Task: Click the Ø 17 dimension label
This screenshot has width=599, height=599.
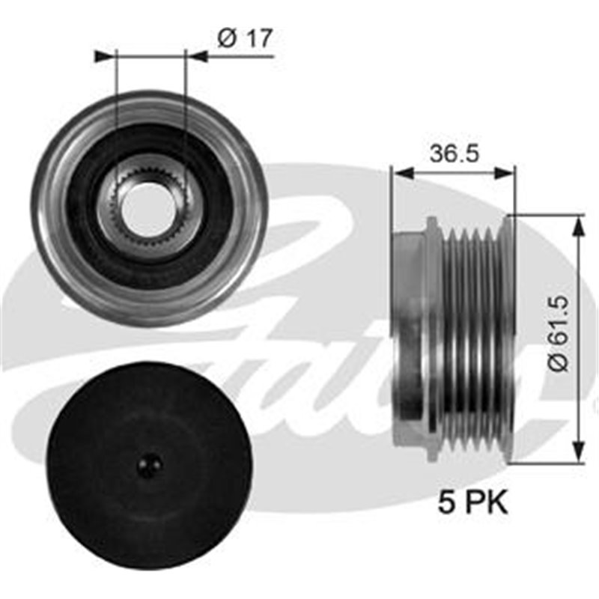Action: point(243,39)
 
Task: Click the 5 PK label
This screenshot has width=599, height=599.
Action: point(473,502)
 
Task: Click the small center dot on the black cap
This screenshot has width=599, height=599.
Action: point(149,465)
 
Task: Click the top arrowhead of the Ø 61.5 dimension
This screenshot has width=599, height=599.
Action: point(577,224)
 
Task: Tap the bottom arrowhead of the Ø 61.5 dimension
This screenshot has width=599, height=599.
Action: point(577,454)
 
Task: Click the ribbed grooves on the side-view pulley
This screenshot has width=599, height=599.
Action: point(472,337)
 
